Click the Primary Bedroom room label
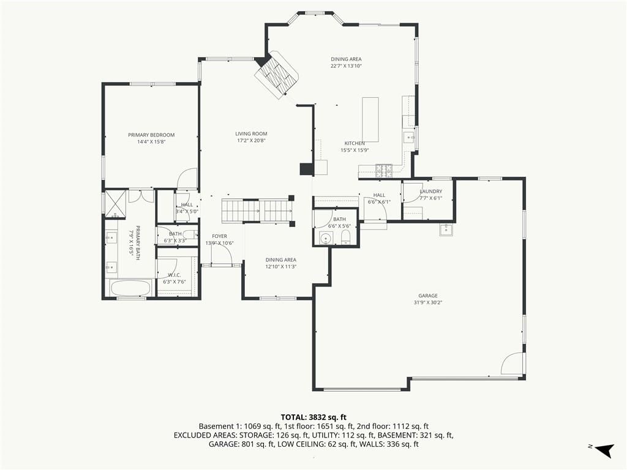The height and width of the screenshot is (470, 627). [x=151, y=135]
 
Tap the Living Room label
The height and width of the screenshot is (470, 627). [x=251, y=134]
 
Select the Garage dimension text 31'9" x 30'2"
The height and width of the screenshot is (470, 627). [x=428, y=302]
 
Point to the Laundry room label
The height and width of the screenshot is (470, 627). [x=430, y=192]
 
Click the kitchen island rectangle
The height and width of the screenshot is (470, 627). [x=370, y=119]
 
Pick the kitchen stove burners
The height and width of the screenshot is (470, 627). [x=383, y=171]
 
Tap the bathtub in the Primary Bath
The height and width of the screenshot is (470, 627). [x=131, y=288]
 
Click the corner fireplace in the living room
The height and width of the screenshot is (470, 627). [x=277, y=75]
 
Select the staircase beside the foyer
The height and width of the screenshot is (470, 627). [x=258, y=211]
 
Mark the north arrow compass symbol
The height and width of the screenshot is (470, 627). [x=604, y=450]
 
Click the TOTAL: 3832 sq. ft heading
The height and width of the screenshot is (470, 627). [x=313, y=417]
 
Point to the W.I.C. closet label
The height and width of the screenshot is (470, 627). [x=175, y=275]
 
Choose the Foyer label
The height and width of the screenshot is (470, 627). [x=219, y=236]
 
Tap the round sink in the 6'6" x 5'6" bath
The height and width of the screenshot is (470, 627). [x=327, y=239]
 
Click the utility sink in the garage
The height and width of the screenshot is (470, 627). [x=446, y=229]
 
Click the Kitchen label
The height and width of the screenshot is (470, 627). [x=355, y=143]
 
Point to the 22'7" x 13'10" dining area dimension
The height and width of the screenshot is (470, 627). [x=346, y=66]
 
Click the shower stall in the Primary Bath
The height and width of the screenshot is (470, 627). [x=116, y=204]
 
